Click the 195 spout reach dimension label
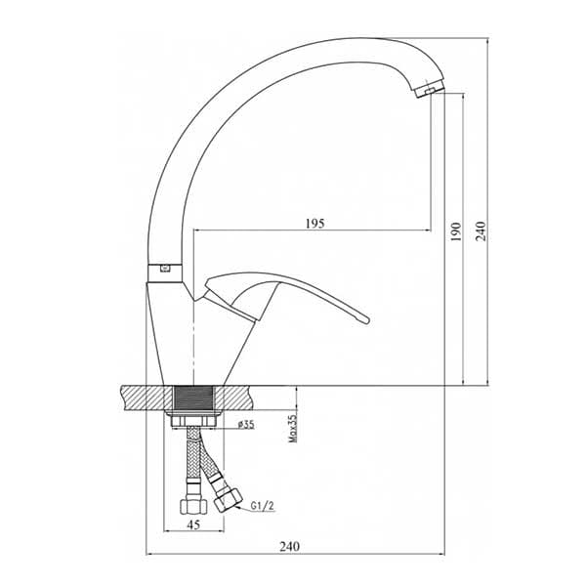[315, 224]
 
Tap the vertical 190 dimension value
[456, 231]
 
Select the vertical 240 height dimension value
[481, 230]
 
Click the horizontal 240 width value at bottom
[290, 546]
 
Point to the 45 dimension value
[193, 524]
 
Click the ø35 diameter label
[246, 424]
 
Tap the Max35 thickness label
[293, 429]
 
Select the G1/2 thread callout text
[263, 506]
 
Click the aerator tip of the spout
[430, 89]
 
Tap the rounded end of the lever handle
[365, 318]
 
